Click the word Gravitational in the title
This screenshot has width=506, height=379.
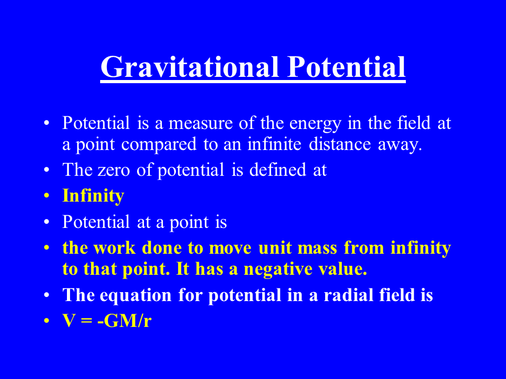click(190, 67)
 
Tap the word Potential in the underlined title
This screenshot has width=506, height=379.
click(346, 67)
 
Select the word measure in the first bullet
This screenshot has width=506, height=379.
click(200, 123)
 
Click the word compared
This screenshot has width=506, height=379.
click(159, 145)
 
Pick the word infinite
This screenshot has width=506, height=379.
click(274, 144)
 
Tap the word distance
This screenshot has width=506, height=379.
click(339, 144)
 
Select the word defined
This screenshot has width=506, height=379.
click(278, 169)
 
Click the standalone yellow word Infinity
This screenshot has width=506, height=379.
click(93, 196)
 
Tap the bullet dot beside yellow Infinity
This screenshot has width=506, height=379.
click(47, 196)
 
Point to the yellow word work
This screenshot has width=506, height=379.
click(114, 248)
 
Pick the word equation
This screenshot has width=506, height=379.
click(135, 296)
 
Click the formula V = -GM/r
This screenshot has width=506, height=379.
click(107, 321)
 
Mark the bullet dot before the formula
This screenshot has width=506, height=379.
click(47, 321)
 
